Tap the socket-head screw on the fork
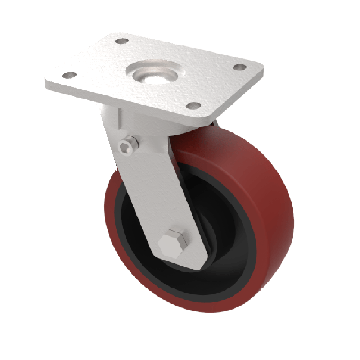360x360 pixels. (x=127, y=144)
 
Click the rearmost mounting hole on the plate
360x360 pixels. (x=120, y=41)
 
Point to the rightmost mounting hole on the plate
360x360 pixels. (x=239, y=67)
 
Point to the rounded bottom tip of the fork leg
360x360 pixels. (x=189, y=265)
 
